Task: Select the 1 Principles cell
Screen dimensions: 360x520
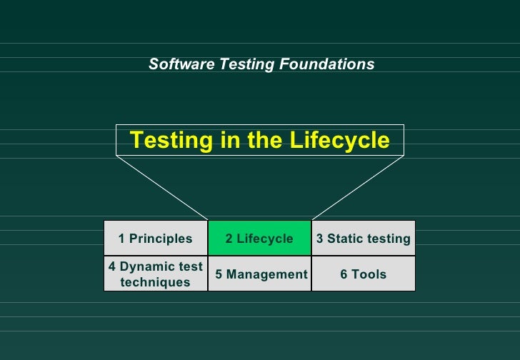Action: (156, 239)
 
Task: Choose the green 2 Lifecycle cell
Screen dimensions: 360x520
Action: (259, 239)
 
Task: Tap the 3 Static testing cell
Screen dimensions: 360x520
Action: (363, 239)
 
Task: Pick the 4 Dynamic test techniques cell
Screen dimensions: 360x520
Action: (156, 274)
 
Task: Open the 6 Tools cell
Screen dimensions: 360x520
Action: (363, 274)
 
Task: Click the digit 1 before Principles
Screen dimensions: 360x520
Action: (122, 239)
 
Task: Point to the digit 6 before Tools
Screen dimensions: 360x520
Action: (344, 274)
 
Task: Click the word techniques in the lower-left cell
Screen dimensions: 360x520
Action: (156, 282)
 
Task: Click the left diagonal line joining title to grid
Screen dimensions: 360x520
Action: (162, 188)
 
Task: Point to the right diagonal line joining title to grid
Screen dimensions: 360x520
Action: (357, 188)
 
